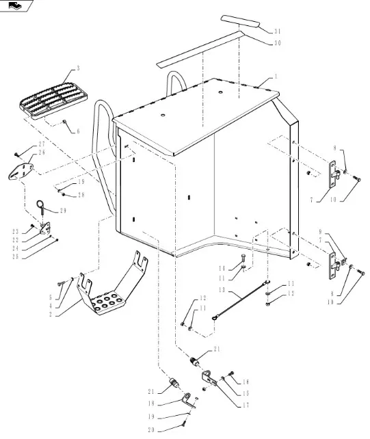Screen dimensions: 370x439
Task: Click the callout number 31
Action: (277, 31)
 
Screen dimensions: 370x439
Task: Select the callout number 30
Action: (277, 43)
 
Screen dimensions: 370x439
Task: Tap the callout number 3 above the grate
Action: (78, 68)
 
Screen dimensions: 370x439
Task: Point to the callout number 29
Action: (63, 211)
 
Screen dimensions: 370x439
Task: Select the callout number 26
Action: (42, 152)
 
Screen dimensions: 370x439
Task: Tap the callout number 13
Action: (222, 290)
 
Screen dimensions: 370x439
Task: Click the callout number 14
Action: (222, 269)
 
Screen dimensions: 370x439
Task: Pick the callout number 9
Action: (321, 232)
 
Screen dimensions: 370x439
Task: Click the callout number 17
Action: (246, 405)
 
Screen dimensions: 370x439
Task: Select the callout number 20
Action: (151, 429)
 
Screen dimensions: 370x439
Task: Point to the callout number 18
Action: (151, 403)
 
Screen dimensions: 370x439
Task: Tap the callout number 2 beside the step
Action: (51, 315)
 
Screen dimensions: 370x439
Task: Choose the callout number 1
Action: (276, 77)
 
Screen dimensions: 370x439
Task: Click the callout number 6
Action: (78, 131)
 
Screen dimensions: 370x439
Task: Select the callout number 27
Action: (42, 144)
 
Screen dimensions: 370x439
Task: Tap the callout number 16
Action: (246, 382)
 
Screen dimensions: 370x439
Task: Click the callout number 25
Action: (16, 256)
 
